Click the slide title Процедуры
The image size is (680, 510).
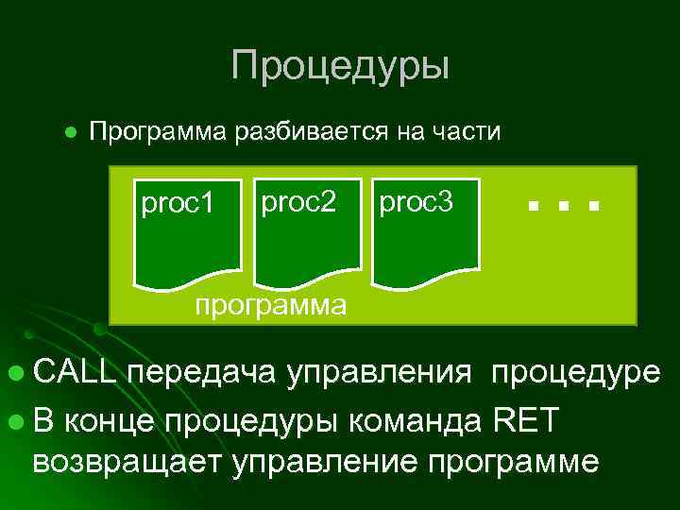[x=340, y=66]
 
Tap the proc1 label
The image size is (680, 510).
[x=178, y=203]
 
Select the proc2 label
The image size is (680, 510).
[x=298, y=201]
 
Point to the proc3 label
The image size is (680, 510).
[x=416, y=201]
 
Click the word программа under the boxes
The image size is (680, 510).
[x=269, y=305]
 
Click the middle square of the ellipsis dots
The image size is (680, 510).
[x=563, y=205]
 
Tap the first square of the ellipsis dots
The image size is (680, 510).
[x=534, y=205]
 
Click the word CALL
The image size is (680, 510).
[x=76, y=373]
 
